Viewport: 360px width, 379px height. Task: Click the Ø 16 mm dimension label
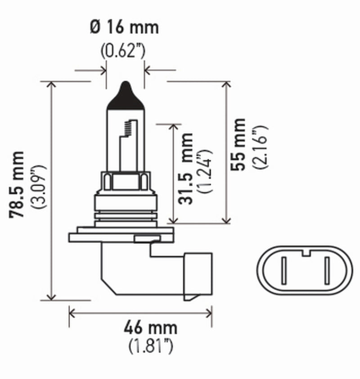pos(124,27)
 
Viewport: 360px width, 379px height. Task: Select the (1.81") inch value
pos(151,346)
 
